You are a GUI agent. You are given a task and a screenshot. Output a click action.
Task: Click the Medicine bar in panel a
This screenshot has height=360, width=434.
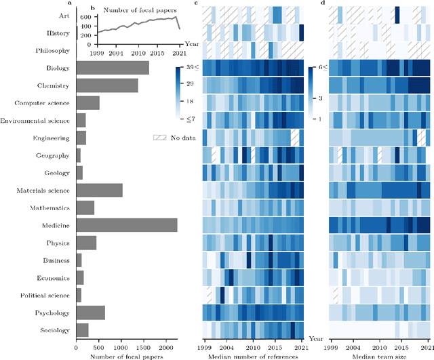[126, 224]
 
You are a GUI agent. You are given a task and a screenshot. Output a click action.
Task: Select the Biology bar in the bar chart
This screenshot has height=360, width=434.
[112, 68]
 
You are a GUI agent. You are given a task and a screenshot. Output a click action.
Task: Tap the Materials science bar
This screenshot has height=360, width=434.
[99, 190]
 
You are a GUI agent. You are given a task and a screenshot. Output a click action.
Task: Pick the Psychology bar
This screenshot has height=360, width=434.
[90, 312]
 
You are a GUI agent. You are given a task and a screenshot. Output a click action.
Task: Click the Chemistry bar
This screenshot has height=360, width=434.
[106, 85]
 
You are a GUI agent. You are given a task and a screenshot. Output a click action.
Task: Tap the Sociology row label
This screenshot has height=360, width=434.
[53, 329]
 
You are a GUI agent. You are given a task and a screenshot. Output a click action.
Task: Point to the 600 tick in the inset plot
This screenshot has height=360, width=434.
[84, 17]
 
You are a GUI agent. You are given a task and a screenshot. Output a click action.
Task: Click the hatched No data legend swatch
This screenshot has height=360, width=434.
[160, 138]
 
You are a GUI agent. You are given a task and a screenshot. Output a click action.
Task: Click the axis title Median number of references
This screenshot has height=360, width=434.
[254, 353]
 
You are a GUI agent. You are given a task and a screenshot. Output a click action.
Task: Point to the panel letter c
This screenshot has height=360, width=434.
[196, 3]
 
